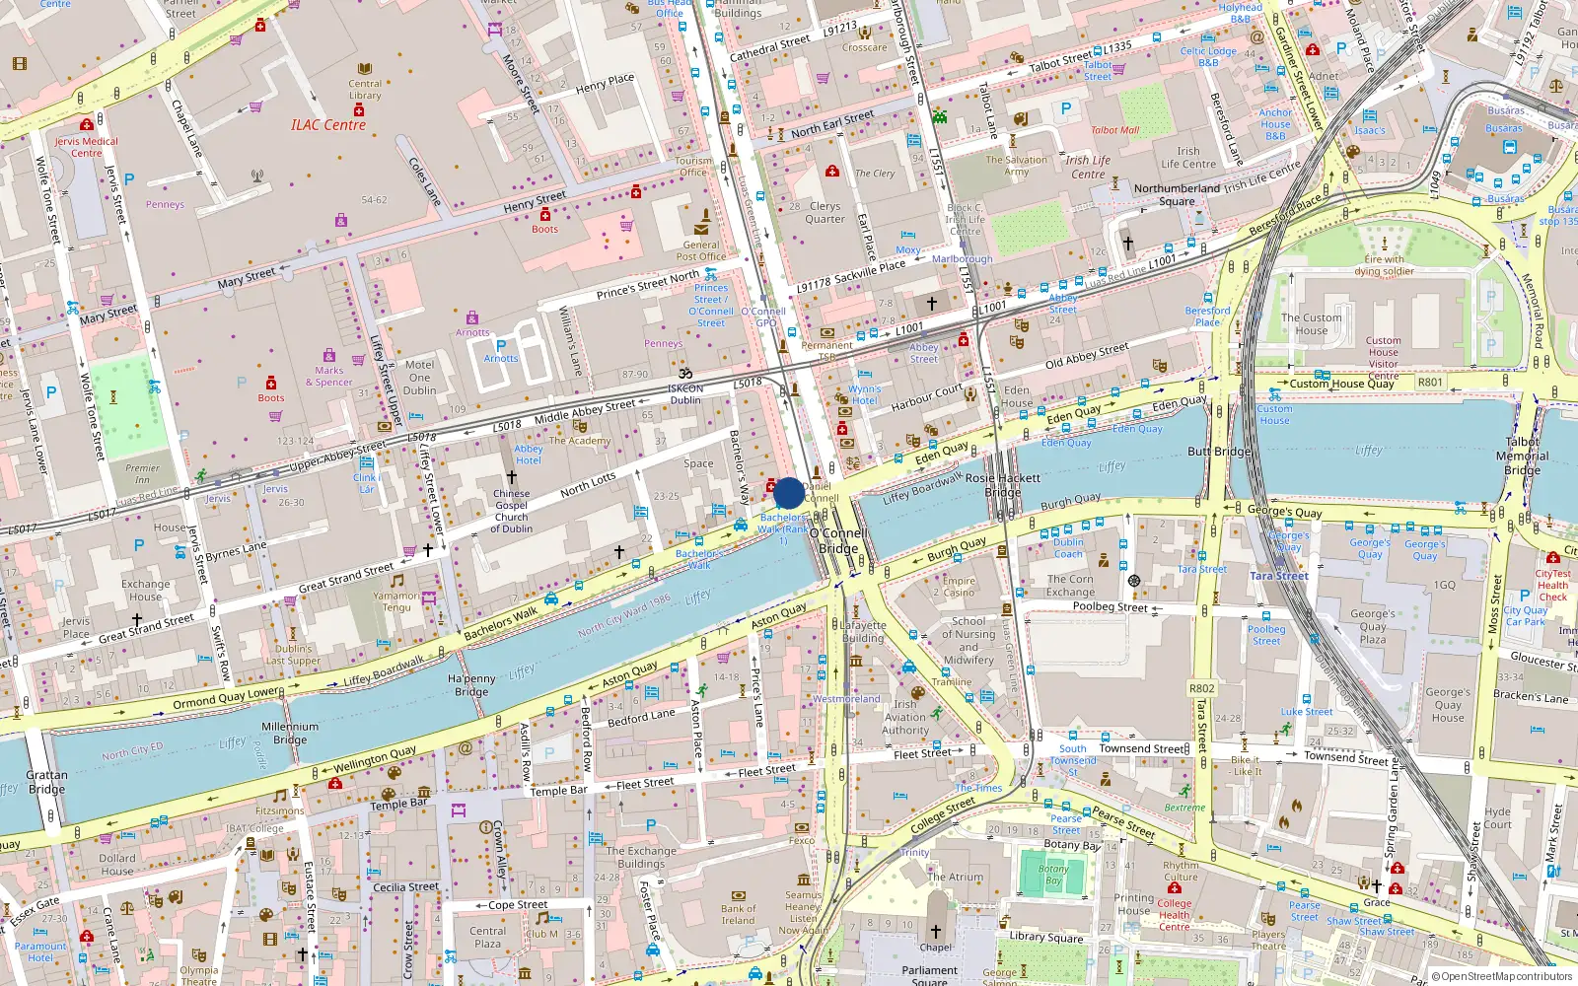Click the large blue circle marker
click(788, 493)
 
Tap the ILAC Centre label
click(328, 125)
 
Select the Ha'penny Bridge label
click(471, 685)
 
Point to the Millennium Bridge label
click(290, 733)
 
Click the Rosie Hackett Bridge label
click(1002, 484)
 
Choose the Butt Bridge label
click(1219, 452)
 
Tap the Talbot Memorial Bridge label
click(1522, 456)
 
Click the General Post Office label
click(701, 250)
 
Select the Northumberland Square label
click(1177, 194)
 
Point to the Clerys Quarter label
click(825, 212)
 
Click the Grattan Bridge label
click(46, 782)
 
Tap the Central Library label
click(365, 90)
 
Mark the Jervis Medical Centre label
click(86, 147)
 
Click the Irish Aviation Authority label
click(904, 718)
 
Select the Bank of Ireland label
click(738, 915)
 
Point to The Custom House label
click(1311, 324)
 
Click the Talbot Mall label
click(1114, 130)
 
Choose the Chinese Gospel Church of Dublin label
click(511, 511)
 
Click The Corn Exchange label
click(1070, 586)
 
